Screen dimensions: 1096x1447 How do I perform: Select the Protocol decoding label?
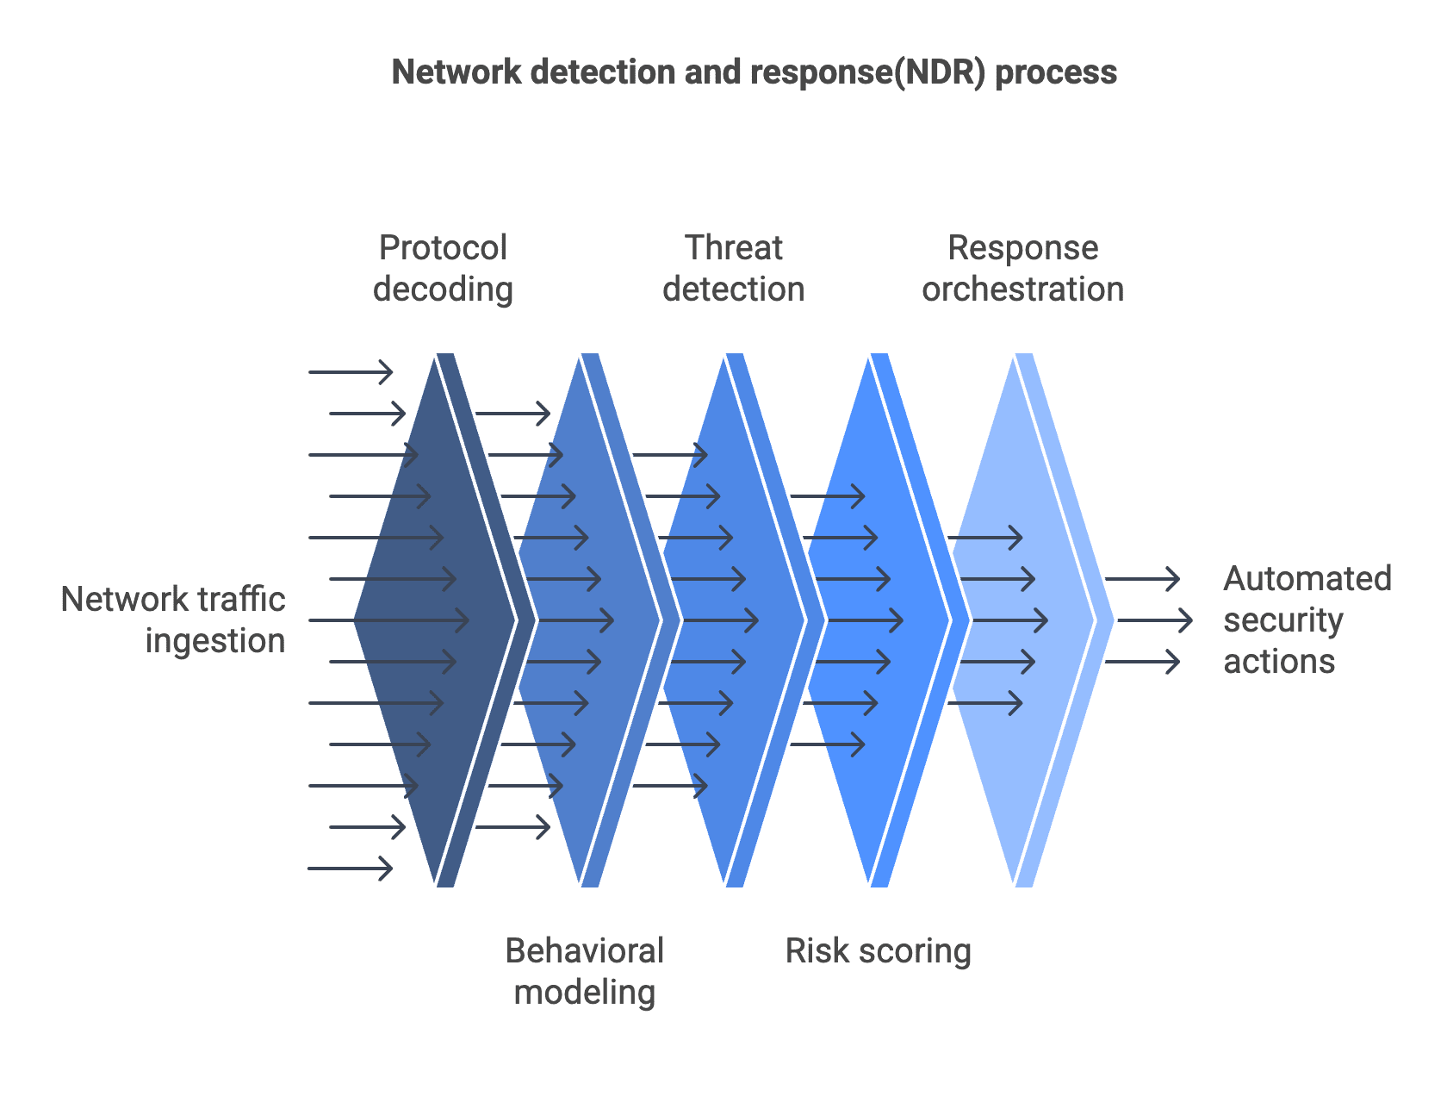[x=443, y=268]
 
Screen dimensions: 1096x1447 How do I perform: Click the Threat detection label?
[x=733, y=268]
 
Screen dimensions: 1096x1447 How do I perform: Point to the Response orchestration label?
[x=1022, y=268]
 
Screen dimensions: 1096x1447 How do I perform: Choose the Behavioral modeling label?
[x=585, y=971]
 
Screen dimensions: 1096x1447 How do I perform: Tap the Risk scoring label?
[x=878, y=951]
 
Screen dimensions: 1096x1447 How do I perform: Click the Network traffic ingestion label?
[x=172, y=620]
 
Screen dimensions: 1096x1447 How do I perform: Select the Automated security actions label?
[x=1307, y=620]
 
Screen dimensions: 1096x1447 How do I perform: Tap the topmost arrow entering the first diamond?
[x=351, y=372]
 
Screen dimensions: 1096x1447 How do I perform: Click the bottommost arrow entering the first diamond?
[x=350, y=869]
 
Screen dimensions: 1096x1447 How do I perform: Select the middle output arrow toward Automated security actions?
[x=1154, y=620]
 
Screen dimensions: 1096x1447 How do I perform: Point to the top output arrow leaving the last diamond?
[x=1142, y=579]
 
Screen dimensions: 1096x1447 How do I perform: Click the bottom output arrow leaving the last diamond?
[x=1142, y=662]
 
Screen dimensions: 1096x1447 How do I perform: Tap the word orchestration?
[x=1022, y=290]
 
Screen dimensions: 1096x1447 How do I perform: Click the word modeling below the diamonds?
[x=585, y=993]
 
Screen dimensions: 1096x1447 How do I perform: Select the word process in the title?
[x=1056, y=72]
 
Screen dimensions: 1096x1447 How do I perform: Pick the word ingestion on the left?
[x=215, y=641]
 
